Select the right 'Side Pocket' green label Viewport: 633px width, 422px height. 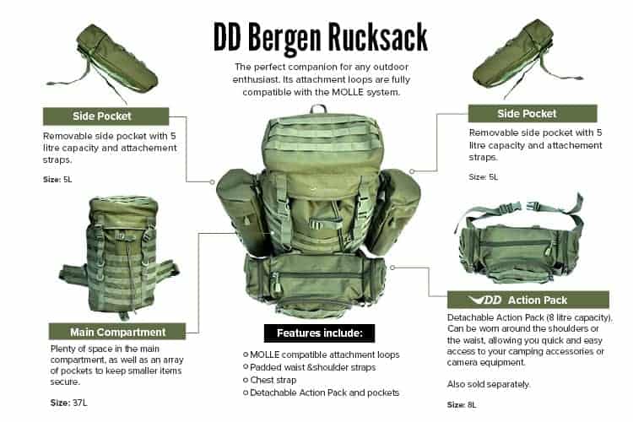click(532, 114)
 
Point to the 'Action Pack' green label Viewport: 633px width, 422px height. click(528, 300)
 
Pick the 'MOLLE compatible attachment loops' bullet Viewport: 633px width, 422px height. click(322, 354)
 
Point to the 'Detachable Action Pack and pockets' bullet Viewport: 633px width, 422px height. click(324, 392)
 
